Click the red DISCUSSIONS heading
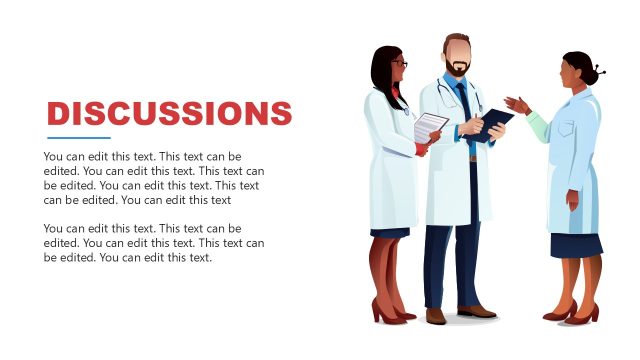169,113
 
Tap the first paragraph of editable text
154,178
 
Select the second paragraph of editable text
154,242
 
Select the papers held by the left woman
430,127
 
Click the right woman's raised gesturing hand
516,104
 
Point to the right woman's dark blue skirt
576,244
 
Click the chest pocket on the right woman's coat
566,131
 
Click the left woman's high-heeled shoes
389,312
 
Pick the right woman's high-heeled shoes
574,313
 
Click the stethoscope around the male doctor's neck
442,94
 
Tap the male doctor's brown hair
457,40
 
